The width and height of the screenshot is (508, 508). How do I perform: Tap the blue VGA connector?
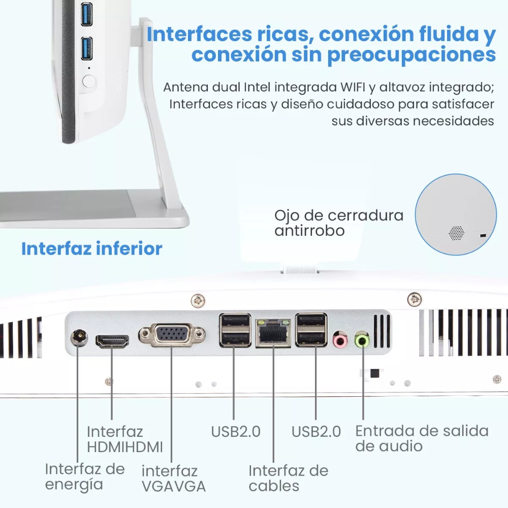[172, 336]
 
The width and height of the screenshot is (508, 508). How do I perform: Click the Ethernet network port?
[273, 334]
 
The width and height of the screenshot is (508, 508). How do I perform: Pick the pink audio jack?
[339, 339]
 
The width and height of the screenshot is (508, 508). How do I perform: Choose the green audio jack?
[362, 339]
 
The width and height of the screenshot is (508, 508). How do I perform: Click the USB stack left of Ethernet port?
[235, 330]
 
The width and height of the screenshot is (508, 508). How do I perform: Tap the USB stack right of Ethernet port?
[311, 330]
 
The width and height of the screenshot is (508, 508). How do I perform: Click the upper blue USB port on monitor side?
[87, 14]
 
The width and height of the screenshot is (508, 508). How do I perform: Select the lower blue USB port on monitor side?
[87, 48]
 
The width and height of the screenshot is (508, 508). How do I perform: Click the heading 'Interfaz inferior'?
[91, 249]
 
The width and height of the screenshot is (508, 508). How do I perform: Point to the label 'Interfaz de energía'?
[84, 477]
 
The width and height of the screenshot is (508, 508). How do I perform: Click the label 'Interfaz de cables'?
[288, 478]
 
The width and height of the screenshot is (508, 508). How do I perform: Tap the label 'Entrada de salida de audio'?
[421, 438]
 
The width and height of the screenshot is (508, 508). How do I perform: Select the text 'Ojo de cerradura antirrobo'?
[338, 223]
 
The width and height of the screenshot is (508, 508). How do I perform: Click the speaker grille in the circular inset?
[456, 232]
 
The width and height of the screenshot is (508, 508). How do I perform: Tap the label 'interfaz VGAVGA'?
[173, 479]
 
